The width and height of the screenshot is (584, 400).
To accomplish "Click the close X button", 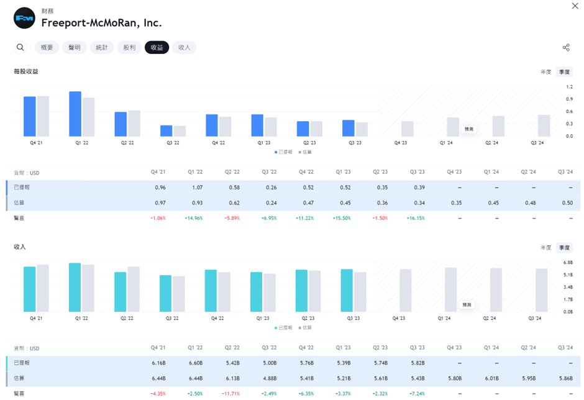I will click(575, 6).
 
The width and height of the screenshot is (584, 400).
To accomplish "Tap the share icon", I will click(566, 48).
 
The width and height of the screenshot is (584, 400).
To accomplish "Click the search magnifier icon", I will click(21, 47).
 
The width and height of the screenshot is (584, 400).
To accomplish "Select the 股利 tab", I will click(129, 47).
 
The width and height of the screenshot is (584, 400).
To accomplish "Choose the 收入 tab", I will click(185, 47).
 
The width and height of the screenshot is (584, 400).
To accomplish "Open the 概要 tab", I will click(47, 47).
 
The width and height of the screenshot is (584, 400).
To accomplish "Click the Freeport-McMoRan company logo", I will click(24, 18).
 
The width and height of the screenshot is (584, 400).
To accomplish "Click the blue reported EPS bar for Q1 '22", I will click(75, 114).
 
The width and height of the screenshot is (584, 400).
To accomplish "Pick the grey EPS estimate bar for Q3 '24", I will click(544, 125).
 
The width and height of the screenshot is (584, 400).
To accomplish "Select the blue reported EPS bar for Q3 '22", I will click(166, 130).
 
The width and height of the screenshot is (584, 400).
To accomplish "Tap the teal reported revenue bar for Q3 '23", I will click(347, 290).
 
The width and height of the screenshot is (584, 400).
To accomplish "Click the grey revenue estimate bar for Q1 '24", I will click(451, 289).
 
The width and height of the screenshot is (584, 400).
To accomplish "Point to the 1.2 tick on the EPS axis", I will click(569, 88).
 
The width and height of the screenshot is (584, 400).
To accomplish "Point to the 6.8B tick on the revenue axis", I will click(568, 263).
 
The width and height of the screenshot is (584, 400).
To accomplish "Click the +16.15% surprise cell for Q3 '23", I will click(416, 219).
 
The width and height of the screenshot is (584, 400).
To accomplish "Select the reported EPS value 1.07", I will click(197, 188).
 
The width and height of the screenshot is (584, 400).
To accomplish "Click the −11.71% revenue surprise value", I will click(230, 394).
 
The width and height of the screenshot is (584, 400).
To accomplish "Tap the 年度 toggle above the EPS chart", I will click(545, 72).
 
